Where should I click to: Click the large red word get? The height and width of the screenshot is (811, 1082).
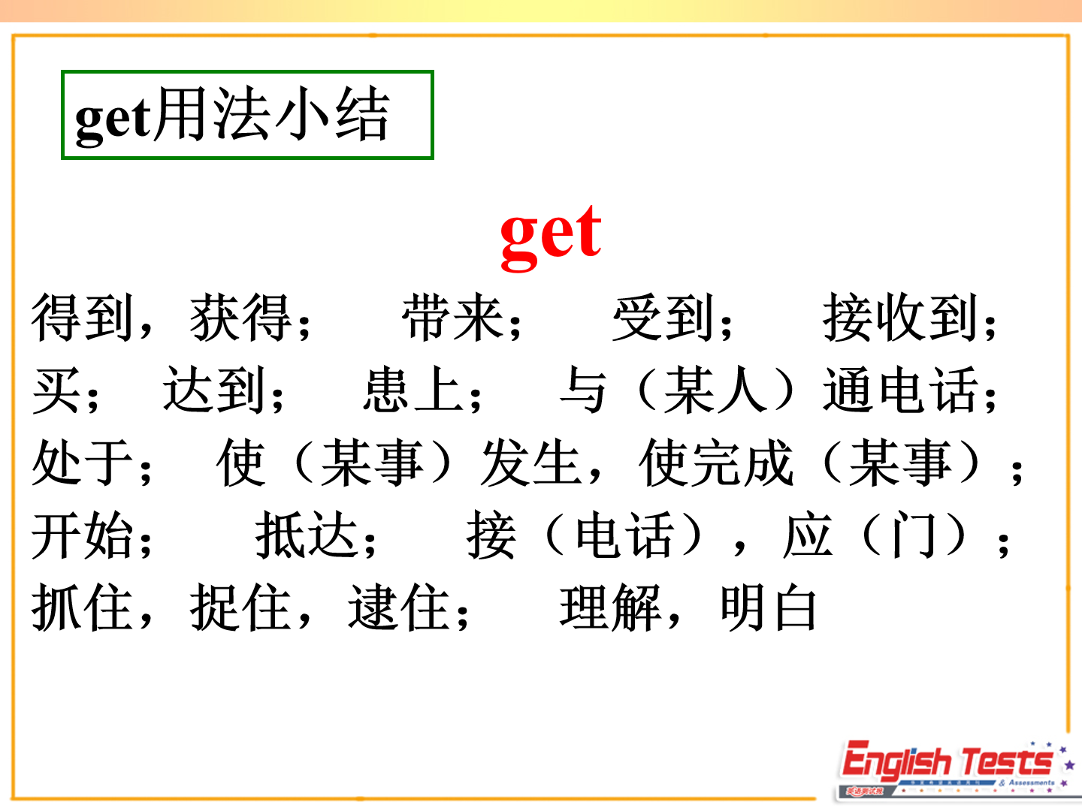coord(551,238)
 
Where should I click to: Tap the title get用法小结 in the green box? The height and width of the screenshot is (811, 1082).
coord(232,116)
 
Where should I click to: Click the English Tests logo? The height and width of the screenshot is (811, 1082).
coord(954,770)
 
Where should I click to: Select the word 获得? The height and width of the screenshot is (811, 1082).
coord(241,317)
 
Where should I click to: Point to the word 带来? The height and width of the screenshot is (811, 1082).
coord(452,317)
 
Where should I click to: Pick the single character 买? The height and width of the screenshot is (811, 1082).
coord(56,390)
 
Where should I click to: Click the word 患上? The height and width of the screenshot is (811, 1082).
coord(413,390)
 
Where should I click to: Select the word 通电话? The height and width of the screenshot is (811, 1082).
coord(900,390)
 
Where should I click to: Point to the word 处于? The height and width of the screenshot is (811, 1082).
coord(83,463)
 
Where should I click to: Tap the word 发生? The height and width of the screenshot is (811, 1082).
coord(531,463)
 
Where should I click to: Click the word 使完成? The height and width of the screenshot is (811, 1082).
coord(716,463)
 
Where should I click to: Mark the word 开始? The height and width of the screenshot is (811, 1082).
coord(83,535)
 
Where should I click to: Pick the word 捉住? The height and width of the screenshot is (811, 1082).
coord(241,607)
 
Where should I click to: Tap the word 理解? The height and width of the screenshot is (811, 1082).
coord(610,607)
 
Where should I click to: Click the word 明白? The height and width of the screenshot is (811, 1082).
coord(769,607)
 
